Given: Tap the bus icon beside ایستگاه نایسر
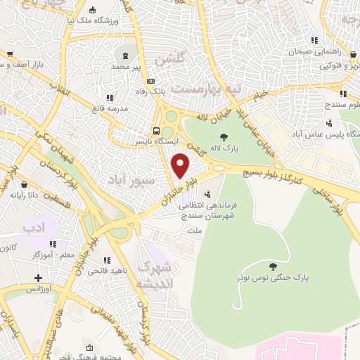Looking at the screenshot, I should point(156,130).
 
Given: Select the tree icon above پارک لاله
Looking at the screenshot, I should point(224,137).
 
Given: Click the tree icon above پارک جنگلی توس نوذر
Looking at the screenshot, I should point(274,265).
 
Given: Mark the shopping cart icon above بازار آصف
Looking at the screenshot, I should point(10,53).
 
